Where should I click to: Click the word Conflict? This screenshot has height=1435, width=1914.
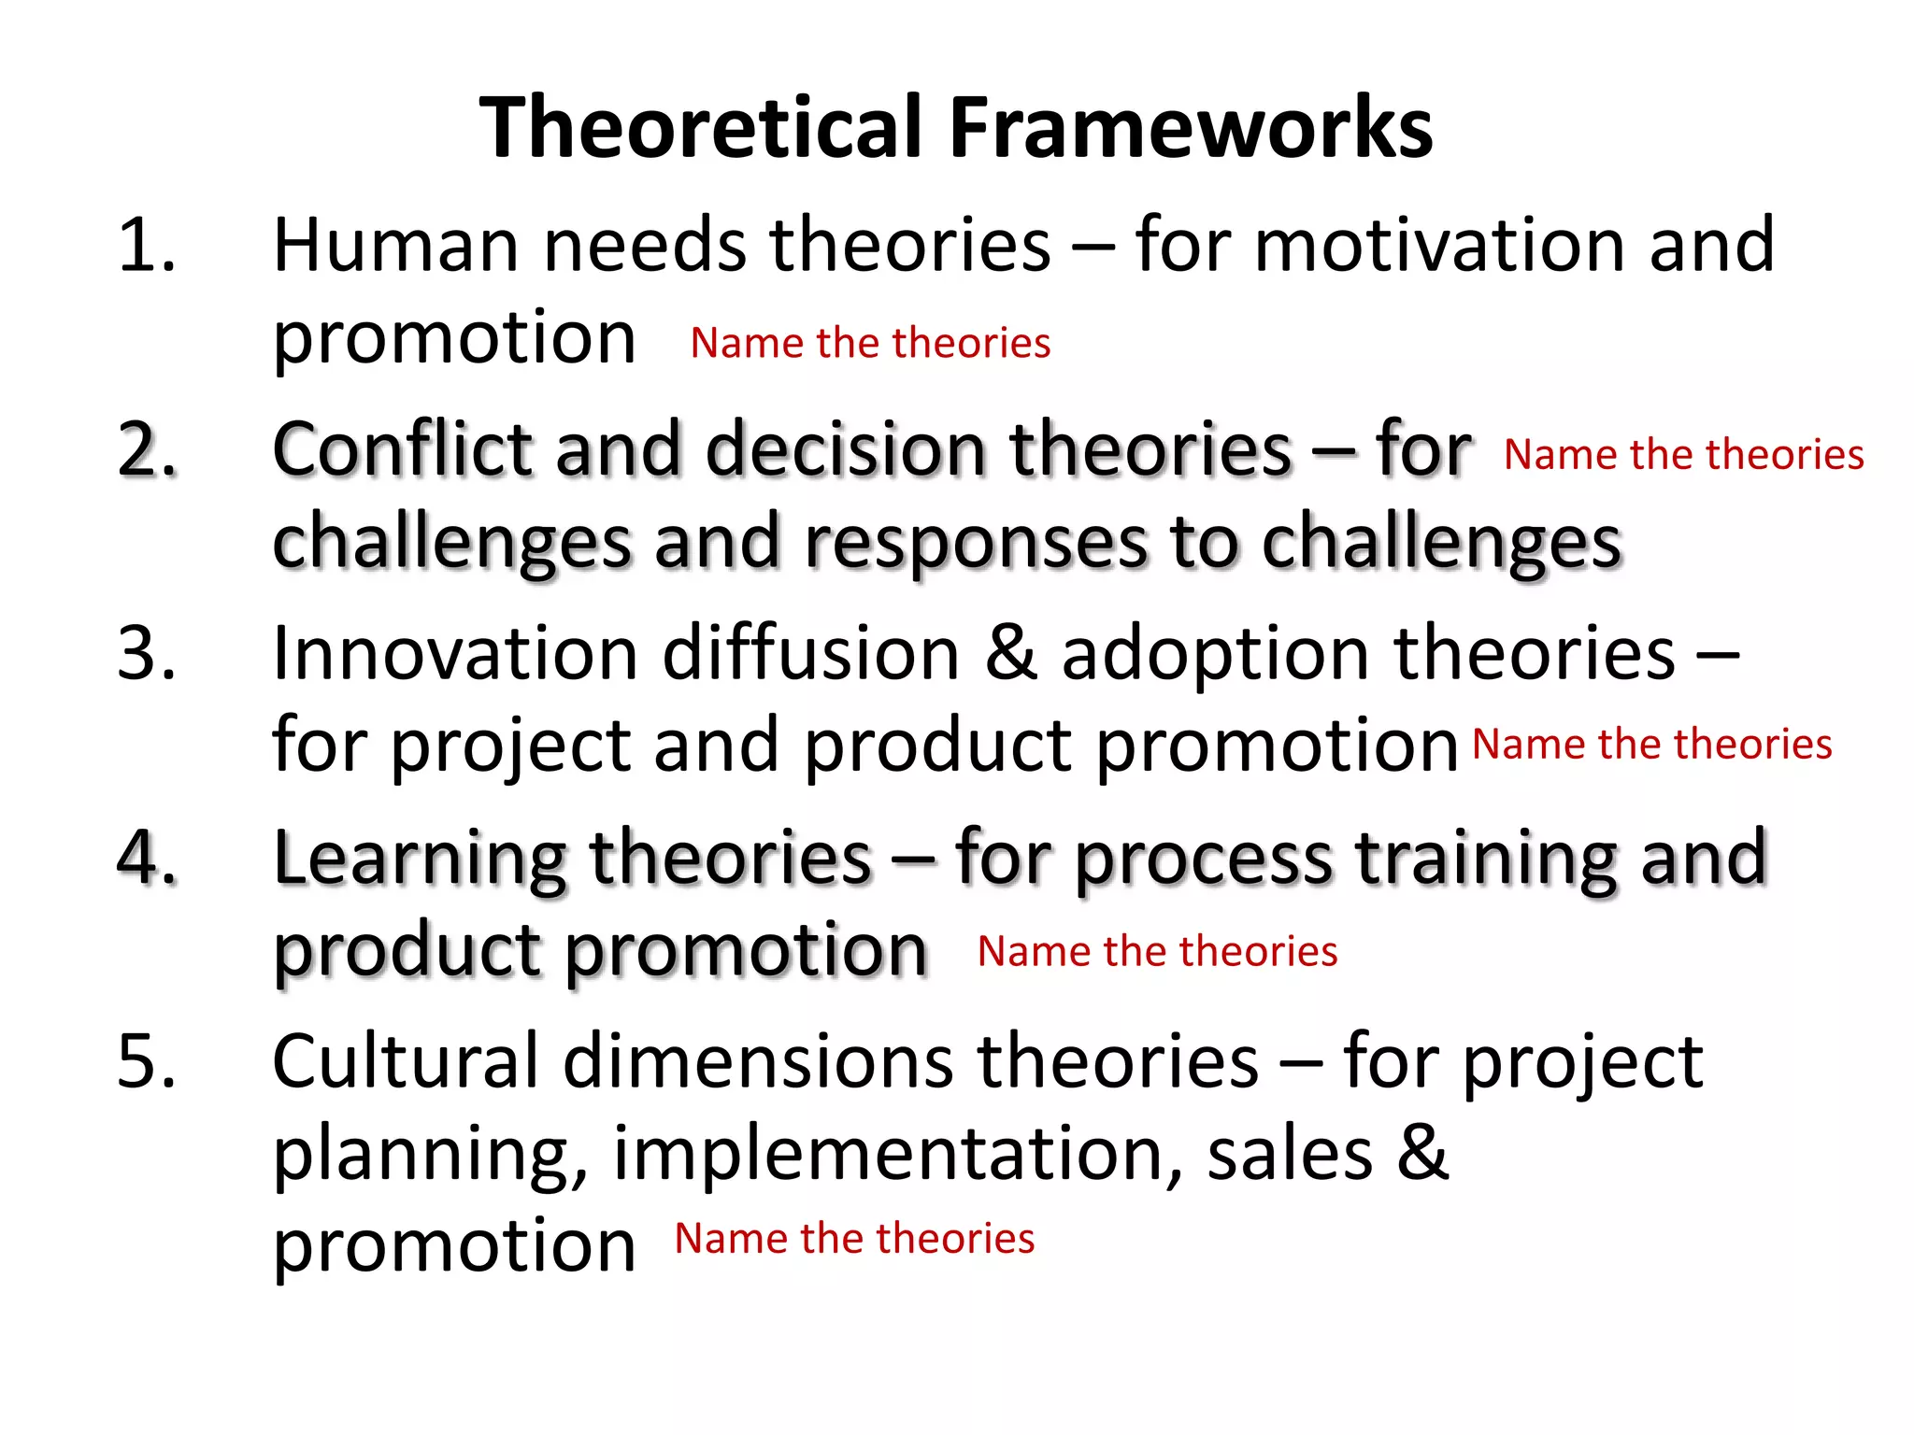[x=402, y=449]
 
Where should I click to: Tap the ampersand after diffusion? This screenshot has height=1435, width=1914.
[x=1011, y=653]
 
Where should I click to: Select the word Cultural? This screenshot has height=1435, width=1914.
[x=406, y=1061]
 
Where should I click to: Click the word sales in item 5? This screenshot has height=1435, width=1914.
[x=1290, y=1153]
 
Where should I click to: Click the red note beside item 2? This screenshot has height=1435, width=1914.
[x=1683, y=455]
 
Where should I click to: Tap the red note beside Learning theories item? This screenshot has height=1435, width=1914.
[x=1157, y=951]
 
